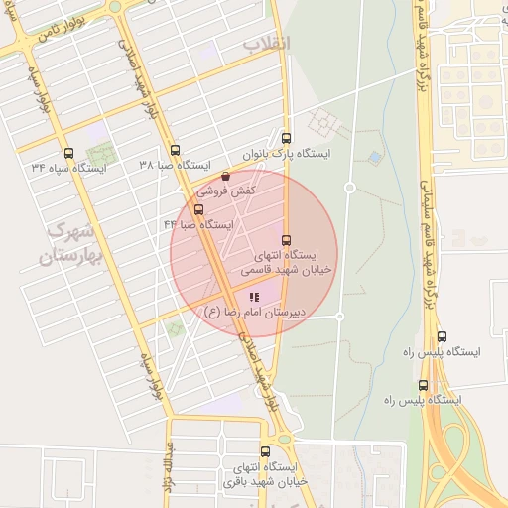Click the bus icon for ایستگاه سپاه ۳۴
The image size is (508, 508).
click(x=68, y=153)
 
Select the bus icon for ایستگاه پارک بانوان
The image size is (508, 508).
click(x=287, y=138)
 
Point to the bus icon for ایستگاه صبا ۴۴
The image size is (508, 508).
click(x=198, y=209)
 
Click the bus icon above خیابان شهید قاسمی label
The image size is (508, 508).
click(x=286, y=240)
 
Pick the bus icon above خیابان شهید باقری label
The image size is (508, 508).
click(x=265, y=451)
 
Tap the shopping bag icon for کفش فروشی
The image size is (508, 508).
click(x=225, y=176)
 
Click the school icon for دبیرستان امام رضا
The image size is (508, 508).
click(x=254, y=296)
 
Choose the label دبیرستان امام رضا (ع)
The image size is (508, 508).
click(x=253, y=312)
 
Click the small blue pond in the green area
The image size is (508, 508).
click(x=374, y=157)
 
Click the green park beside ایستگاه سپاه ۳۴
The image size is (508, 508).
click(x=99, y=155)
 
